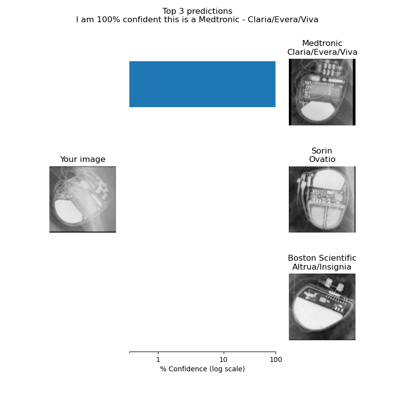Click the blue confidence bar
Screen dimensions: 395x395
point(202,84)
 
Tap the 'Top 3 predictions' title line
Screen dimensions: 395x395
point(197,11)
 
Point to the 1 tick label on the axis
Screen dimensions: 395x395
point(158,359)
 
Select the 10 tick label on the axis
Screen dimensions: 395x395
point(224,359)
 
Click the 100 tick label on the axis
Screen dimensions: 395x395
point(276,359)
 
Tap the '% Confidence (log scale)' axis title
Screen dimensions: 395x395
point(202,369)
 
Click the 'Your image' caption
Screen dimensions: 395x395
point(82,159)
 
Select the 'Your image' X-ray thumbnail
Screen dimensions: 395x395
point(82,199)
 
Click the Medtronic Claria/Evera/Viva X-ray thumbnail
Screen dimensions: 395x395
point(322,92)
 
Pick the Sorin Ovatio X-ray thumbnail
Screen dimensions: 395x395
point(322,199)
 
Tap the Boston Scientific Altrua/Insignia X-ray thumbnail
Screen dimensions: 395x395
point(322,307)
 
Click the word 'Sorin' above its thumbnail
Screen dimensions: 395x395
point(322,151)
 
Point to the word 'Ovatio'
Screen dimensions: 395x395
point(322,159)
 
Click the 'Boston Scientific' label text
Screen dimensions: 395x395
point(322,258)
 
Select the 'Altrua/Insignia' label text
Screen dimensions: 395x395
point(322,267)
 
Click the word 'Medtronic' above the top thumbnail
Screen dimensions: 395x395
point(322,43)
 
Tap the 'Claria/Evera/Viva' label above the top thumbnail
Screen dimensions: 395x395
point(322,52)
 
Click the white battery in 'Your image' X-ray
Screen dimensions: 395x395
point(68,212)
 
